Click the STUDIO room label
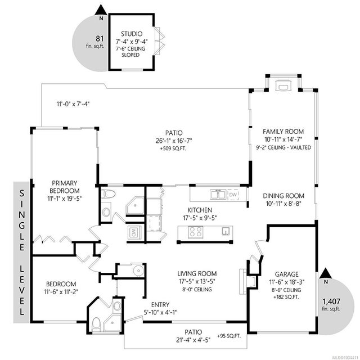(132, 34)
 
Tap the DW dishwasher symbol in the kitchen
(233, 195)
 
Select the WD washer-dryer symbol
(134, 232)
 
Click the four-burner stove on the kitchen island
(195, 232)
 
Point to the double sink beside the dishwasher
(218, 195)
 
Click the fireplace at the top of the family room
(283, 85)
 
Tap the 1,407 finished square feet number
(331, 301)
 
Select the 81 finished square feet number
(100, 39)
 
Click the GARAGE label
(287, 274)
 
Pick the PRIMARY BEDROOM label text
(65, 187)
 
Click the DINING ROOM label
(283, 196)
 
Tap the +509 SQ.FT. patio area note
(173, 148)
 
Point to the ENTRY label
(160, 305)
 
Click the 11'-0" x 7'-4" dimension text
(73, 104)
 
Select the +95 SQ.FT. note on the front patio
(229, 336)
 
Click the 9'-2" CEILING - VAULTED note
(283, 147)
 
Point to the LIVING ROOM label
(197, 273)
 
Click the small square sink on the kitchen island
(226, 231)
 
